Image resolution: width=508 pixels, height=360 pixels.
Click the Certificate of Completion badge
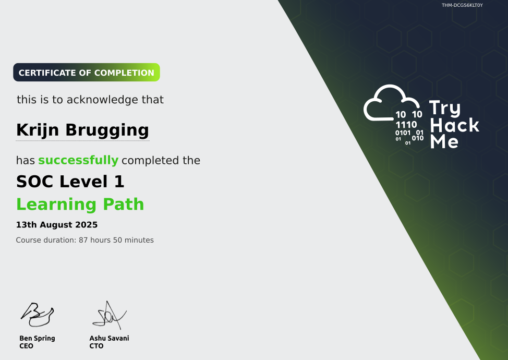coord(87,73)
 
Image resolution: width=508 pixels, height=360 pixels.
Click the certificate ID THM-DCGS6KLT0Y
coord(462,5)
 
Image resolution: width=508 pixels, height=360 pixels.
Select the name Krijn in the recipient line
coord(38,129)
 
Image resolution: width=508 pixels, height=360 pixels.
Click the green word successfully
coord(78,160)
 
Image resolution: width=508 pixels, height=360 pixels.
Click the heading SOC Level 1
coord(70,182)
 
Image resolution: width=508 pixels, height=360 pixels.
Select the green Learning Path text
coord(80,204)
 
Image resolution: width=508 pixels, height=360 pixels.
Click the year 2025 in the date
coord(87,225)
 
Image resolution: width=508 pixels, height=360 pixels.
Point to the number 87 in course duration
coord(83,240)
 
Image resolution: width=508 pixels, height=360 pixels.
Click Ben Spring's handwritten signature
coord(37,313)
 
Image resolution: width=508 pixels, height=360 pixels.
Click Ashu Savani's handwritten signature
coord(108,315)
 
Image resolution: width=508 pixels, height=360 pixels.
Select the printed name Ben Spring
coord(37,338)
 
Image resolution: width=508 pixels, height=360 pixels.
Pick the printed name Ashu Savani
coord(109,338)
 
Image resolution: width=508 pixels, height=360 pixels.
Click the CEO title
coord(26,346)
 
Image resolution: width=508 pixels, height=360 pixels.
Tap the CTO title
coord(96,346)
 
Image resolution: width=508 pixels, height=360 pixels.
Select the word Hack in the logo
coord(454,125)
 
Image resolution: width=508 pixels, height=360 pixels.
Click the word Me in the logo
coord(444,141)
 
